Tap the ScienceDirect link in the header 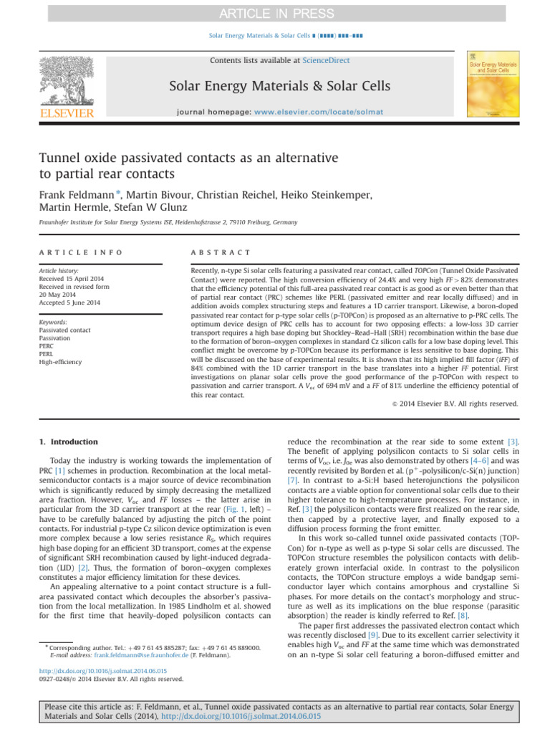[326, 61]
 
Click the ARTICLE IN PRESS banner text [274, 14]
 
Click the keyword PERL [48, 353]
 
